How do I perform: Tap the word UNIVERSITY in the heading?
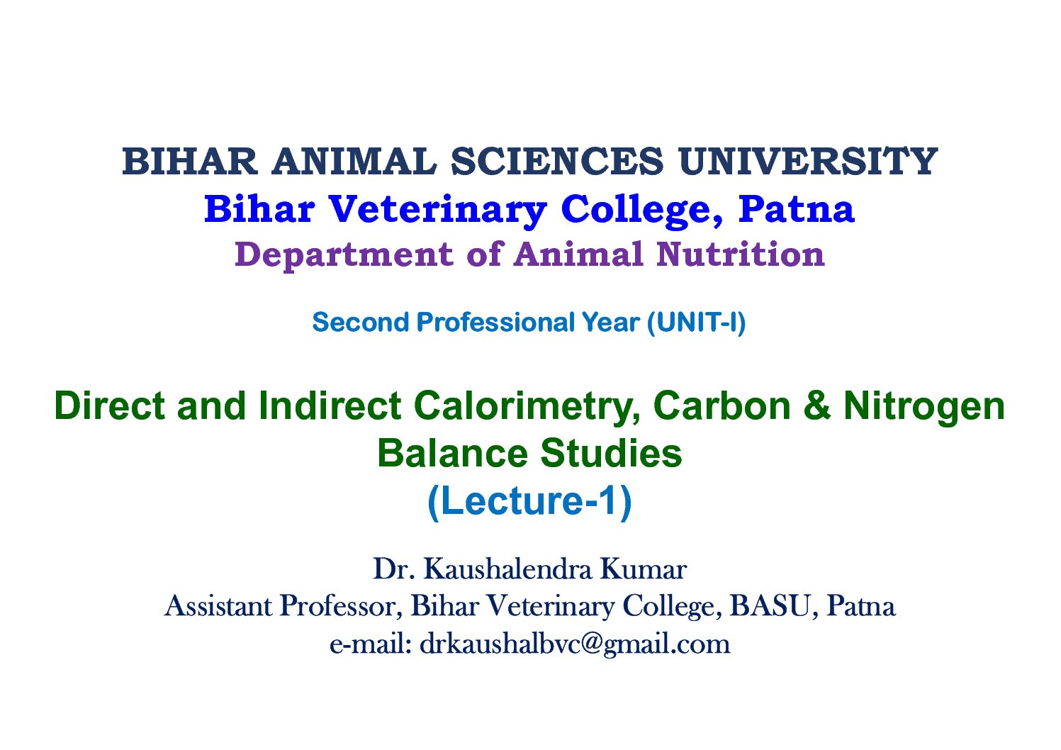(x=808, y=161)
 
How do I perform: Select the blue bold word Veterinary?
(x=438, y=210)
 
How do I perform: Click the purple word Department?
(x=344, y=256)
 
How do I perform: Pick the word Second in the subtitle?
(x=360, y=323)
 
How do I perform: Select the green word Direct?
(x=109, y=405)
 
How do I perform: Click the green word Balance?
(x=453, y=454)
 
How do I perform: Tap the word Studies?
(x=611, y=454)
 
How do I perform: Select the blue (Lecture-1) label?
(x=529, y=502)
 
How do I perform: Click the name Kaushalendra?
(x=507, y=569)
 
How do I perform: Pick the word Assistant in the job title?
(x=218, y=606)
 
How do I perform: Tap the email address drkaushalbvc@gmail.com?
(x=575, y=644)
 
